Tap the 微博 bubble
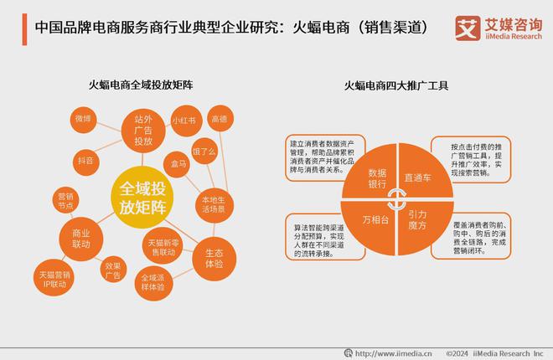click(x=82, y=121)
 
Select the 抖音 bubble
click(x=85, y=159)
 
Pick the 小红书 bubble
click(x=183, y=121)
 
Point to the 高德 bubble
click(x=220, y=119)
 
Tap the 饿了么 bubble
click(x=206, y=152)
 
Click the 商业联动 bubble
click(x=81, y=238)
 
